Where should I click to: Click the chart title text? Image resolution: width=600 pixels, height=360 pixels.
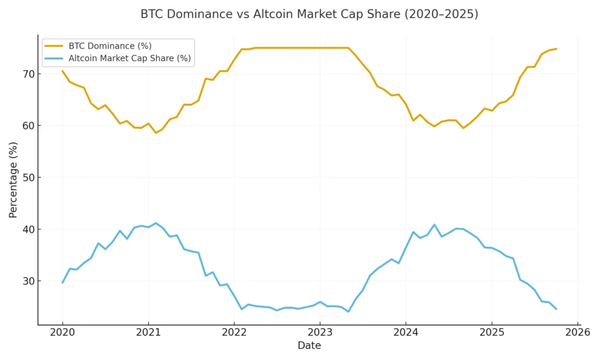point(309,14)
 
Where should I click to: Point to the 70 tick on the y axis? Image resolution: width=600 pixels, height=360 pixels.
point(28,74)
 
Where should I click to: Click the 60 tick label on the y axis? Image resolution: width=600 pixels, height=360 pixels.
point(28,125)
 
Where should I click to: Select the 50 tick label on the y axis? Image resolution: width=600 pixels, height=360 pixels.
point(28,177)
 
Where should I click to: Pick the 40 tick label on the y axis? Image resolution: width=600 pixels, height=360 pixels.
point(28,229)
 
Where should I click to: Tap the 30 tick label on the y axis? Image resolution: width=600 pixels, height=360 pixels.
point(28,281)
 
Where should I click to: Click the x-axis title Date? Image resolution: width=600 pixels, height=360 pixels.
point(309,346)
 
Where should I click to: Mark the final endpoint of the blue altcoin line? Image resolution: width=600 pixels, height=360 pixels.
point(555,309)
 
